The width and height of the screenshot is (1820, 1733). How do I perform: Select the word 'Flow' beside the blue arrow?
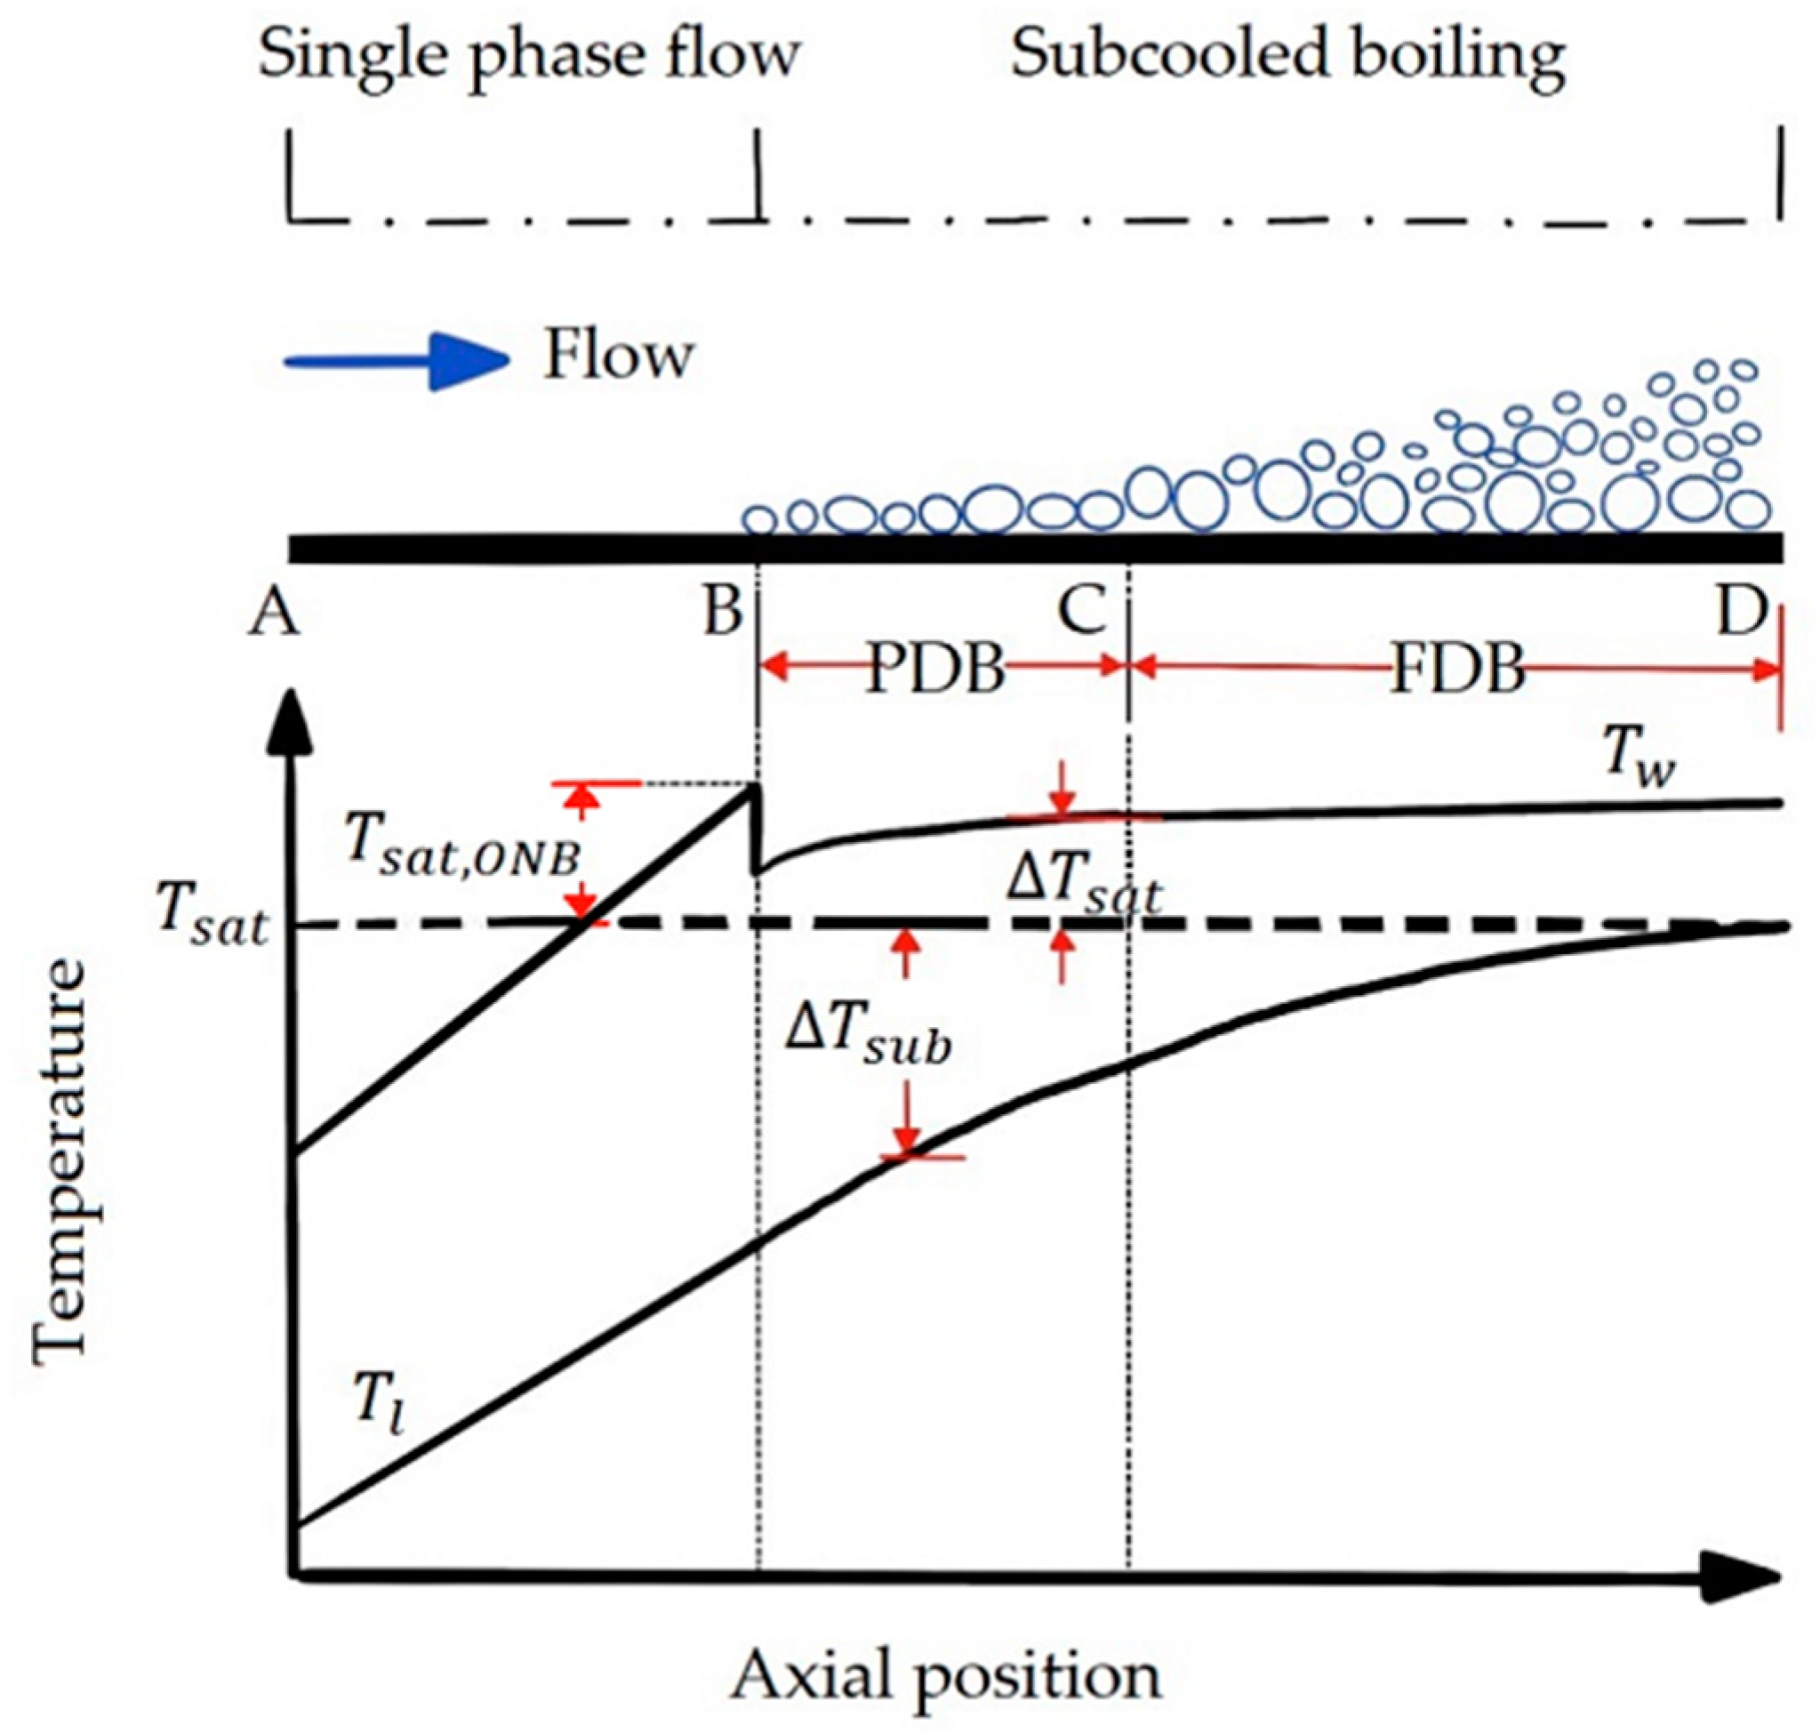618,356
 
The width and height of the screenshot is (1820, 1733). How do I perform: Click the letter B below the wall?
724,611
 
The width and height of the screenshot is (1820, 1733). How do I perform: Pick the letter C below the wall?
1082,611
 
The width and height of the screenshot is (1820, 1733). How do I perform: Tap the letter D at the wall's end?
1742,611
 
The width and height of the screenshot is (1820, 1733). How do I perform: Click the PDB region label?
936,669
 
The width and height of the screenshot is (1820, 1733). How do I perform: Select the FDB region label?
1458,669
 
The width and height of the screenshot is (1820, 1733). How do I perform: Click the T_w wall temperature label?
1639,763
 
